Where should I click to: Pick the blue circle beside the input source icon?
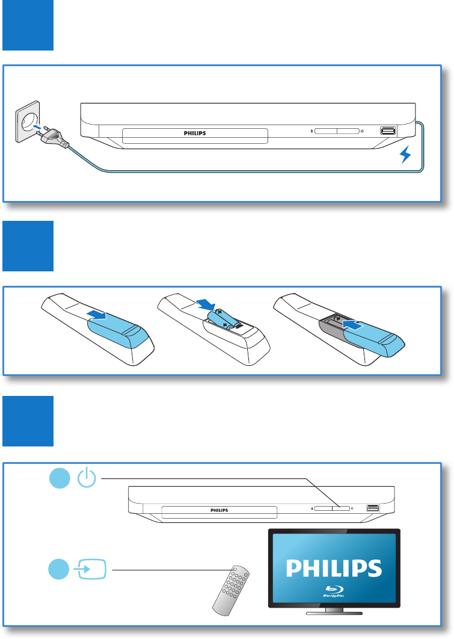58,569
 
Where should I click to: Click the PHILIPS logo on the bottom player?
219,510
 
